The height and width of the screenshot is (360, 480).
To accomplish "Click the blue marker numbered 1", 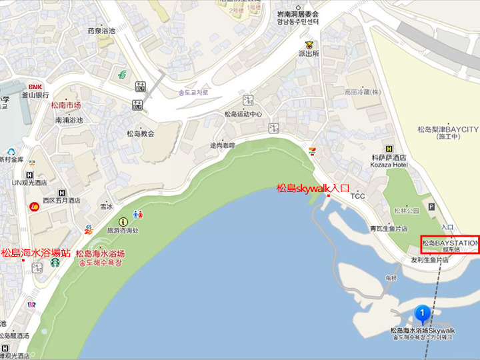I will [421, 312].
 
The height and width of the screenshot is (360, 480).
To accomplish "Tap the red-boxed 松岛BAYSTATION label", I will [450, 243].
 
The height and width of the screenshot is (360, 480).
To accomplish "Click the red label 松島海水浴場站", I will [35, 253].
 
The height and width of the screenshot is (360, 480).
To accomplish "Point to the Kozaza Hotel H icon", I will [389, 149].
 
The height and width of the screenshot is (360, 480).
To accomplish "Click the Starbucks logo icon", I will [55, 263].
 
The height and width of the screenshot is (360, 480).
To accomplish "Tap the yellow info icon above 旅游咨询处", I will [123, 221].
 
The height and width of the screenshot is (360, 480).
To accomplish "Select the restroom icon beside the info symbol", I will [138, 215].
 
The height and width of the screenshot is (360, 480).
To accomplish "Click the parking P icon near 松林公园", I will [431, 207].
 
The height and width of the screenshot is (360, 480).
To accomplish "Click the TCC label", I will [358, 196].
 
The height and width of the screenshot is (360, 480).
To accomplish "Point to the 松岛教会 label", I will [141, 133].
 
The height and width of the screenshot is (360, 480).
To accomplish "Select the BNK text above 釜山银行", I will [35, 87].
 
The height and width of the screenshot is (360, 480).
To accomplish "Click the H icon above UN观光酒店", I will [29, 175].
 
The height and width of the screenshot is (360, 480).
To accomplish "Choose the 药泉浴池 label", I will [101, 31].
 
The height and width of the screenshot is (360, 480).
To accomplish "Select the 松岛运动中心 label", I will [243, 114].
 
